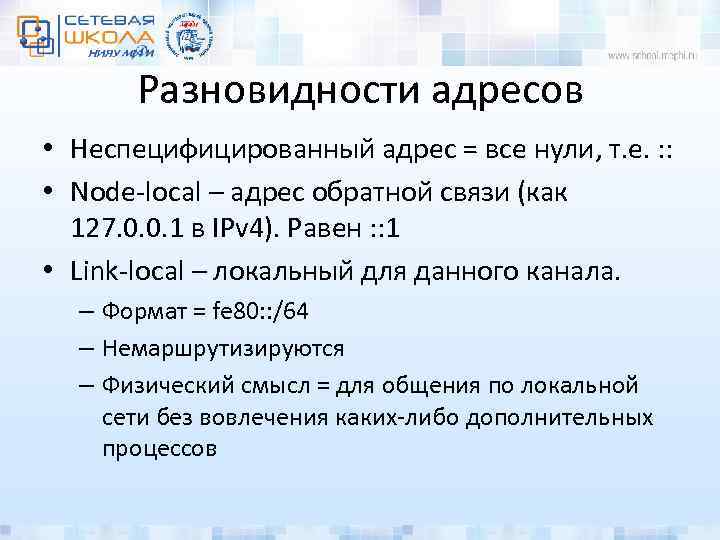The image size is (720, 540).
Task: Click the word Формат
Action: (142, 312)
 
